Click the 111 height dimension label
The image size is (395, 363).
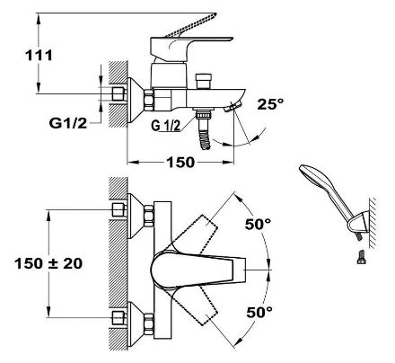click(39, 56)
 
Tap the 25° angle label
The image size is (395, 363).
click(270, 103)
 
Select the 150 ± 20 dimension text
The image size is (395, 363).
click(48, 263)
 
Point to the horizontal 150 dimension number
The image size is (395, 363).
click(180, 163)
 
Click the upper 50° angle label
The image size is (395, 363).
click(258, 224)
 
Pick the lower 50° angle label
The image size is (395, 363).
click(259, 312)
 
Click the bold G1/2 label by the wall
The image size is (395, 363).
click(68, 123)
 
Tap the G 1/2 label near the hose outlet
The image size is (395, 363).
click(166, 126)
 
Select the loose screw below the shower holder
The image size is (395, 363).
click(362, 257)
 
